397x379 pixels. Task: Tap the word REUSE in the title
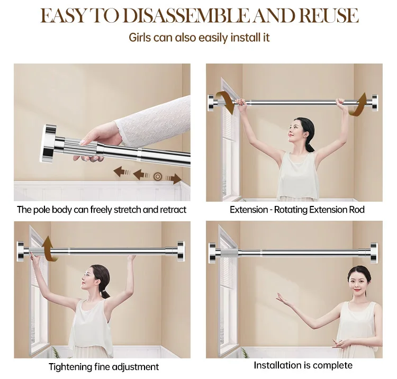coord(329,15)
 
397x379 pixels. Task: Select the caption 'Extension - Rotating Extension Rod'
coord(297,210)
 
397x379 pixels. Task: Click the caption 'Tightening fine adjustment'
coord(104,366)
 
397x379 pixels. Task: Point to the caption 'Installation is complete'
coord(303,365)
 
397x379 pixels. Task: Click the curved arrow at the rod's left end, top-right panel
coord(227,101)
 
